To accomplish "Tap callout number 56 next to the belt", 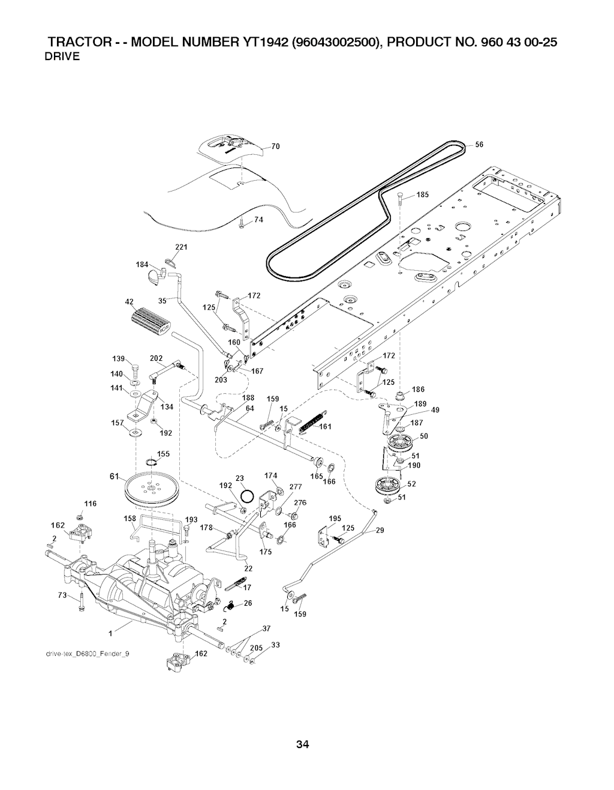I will tap(479, 144).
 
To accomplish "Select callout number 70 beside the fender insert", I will tap(276, 146).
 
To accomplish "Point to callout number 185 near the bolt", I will tap(424, 194).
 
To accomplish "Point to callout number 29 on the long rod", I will tap(380, 530).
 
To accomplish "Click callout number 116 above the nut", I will tap(90, 502).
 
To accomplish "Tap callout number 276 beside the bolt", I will tap(300, 502).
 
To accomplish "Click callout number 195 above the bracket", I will tap(335, 519).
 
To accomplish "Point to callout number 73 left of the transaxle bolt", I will tap(62, 595).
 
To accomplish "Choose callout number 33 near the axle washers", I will tap(276, 645).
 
